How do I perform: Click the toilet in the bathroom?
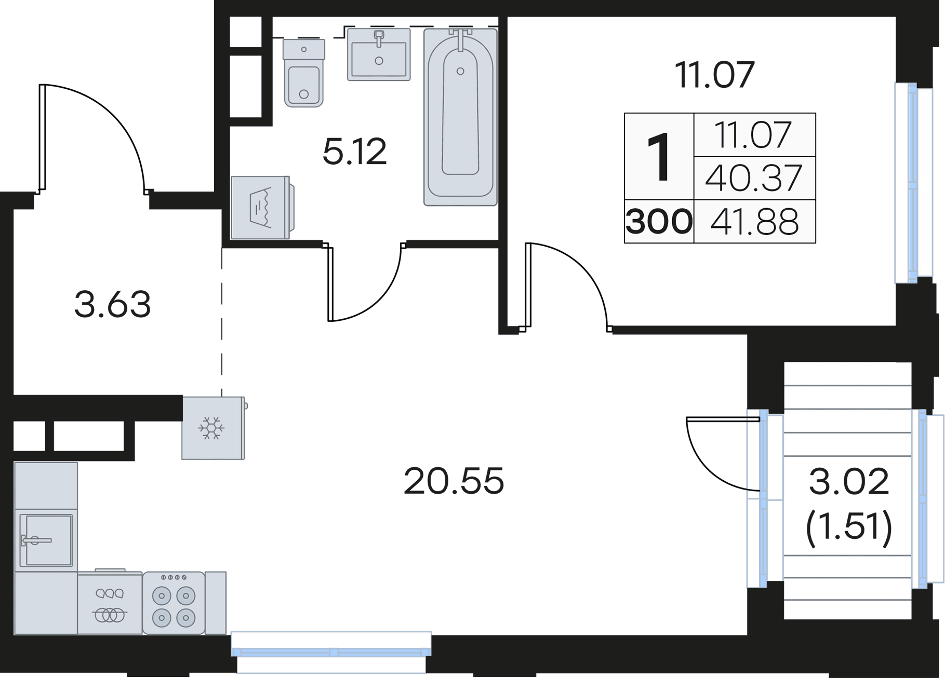click(304, 73)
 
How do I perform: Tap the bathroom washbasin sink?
click(379, 55)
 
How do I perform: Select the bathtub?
click(460, 117)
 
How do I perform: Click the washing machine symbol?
click(262, 208)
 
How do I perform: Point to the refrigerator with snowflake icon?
click(214, 428)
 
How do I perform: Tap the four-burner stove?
click(174, 603)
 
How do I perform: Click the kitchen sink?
click(46, 540)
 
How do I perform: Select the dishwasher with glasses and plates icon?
click(110, 603)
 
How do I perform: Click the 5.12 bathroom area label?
click(355, 152)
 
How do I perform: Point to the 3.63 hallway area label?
click(113, 304)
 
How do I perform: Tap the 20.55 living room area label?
click(454, 481)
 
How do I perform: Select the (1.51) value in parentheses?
click(849, 526)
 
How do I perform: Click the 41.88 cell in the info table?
click(754, 222)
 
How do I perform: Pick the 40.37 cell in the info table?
click(754, 178)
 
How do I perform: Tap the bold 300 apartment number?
click(659, 222)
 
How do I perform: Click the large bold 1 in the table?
click(659, 156)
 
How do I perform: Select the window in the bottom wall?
click(331, 652)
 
